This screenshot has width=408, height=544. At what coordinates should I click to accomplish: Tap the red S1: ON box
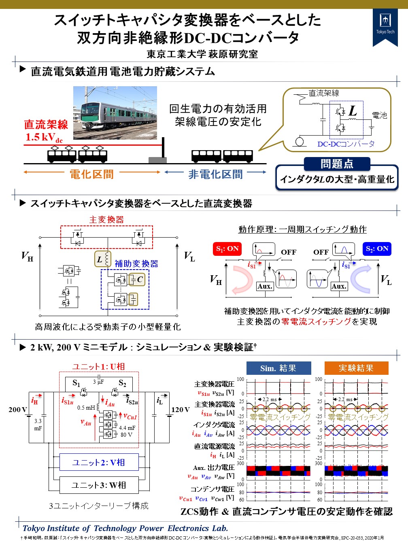[227, 249]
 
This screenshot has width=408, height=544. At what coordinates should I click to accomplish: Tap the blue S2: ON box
[377, 249]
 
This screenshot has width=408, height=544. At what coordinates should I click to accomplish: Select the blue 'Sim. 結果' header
[278, 368]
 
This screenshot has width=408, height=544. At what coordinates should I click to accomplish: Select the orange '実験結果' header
[356, 368]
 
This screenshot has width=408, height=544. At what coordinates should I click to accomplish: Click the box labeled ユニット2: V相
[99, 462]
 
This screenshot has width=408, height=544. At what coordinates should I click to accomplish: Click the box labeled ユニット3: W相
[99, 484]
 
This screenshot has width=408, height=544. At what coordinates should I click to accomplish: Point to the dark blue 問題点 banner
[337, 164]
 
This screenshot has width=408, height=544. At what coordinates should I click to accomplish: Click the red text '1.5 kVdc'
[44, 138]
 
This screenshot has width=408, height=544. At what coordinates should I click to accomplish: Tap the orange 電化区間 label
[91, 174]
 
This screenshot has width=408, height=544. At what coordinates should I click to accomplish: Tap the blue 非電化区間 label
[215, 174]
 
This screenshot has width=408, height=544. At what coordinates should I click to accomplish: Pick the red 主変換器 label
[106, 220]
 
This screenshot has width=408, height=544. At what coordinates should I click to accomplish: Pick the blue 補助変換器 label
[136, 263]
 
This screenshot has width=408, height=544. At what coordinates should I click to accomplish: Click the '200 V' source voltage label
[18, 410]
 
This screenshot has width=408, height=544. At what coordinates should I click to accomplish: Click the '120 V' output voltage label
[180, 410]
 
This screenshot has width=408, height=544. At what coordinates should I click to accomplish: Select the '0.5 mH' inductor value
[86, 408]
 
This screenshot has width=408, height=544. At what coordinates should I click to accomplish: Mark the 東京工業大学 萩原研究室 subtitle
[202, 54]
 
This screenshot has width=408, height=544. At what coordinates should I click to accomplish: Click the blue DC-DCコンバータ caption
[346, 144]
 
